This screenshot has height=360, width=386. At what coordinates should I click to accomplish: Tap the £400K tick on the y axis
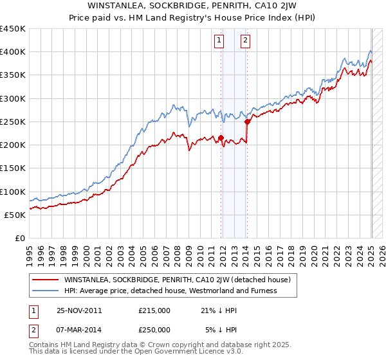[13, 52]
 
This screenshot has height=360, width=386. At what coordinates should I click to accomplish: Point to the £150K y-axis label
[13, 168]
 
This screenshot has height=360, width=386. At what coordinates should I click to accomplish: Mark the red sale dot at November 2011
[221, 138]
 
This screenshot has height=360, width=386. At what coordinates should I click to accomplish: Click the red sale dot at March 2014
[247, 122]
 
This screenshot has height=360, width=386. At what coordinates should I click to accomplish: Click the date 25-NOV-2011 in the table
[79, 310]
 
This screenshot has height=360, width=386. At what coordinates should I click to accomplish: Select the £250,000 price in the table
[154, 330]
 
